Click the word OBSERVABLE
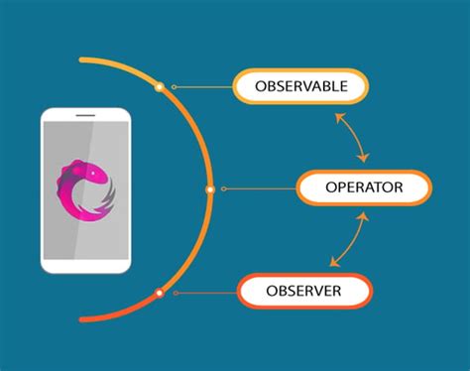[301, 87]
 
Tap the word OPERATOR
[364, 186]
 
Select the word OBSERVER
[304, 292]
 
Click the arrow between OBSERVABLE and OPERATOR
[352, 136]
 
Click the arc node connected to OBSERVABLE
[159, 87]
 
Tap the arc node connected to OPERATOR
[209, 188]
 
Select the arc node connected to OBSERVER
[159, 293]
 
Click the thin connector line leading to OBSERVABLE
[203, 87]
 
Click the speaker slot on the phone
[85, 117]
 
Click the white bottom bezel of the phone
[85, 263]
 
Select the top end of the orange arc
[82, 59]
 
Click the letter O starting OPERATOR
[331, 186]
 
